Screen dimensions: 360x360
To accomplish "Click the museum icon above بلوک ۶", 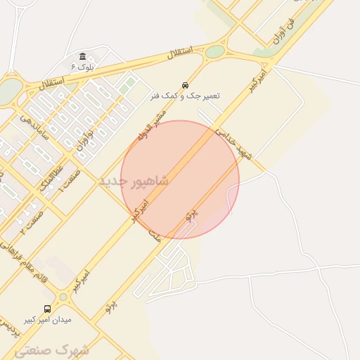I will [83, 56].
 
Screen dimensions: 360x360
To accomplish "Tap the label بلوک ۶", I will [82, 67].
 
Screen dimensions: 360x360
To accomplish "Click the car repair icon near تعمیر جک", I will [185, 84].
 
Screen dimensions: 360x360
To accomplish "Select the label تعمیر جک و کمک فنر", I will [184, 95].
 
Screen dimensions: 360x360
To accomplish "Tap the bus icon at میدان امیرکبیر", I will [47, 309].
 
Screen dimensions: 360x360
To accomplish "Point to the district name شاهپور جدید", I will [134, 181].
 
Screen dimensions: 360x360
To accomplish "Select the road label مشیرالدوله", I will [151, 128].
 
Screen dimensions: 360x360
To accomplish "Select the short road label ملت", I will [154, 237].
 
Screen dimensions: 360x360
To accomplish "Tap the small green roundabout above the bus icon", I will [63, 297].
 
